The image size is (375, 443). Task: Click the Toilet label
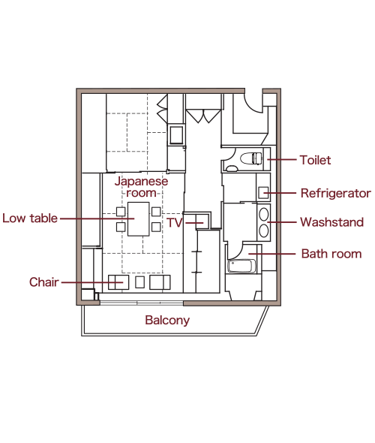point(315,160)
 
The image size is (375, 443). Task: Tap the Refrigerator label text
point(335,193)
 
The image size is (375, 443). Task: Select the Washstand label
point(331,222)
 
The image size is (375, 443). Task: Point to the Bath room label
point(331,254)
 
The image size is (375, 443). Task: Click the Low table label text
point(30,218)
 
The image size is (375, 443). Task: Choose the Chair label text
point(44,282)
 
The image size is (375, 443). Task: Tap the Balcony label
point(167,321)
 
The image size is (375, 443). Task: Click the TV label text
point(175,223)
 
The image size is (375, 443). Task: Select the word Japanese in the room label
point(141,182)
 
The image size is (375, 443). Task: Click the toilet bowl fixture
point(250,158)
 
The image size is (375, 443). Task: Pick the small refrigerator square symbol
point(263,193)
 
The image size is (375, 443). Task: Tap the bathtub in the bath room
point(241,266)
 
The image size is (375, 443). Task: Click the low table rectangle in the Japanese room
point(138,219)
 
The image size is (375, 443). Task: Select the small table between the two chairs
point(139,282)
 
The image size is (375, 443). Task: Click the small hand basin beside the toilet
point(232,169)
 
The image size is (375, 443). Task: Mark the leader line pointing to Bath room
point(271,254)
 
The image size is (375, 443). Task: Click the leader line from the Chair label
point(92,282)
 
